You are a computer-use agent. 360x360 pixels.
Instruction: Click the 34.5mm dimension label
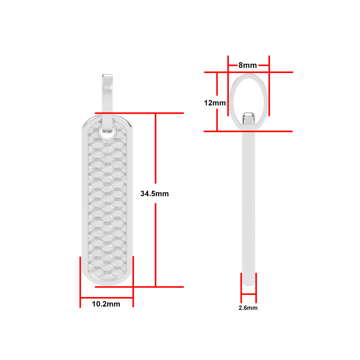point(155,194)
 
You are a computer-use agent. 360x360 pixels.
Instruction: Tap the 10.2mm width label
point(106,304)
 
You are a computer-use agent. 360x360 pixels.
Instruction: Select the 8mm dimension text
point(247,65)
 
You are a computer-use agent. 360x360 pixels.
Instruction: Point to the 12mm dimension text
point(215,103)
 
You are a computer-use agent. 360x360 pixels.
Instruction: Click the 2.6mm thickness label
point(248,308)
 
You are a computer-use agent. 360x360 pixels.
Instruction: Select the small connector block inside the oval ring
point(249,118)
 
